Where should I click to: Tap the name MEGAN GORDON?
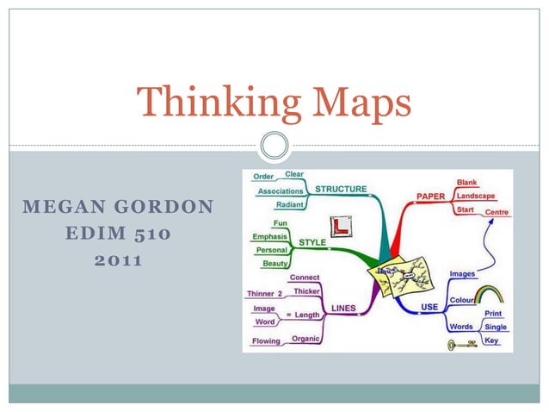(120, 207)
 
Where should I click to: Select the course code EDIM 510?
(120, 234)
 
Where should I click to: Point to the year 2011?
(120, 259)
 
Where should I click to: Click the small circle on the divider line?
(274, 145)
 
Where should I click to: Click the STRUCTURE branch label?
(341, 189)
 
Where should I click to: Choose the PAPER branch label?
(430, 197)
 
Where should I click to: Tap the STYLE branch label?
(312, 242)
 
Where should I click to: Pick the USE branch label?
(429, 307)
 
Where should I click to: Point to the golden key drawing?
(462, 345)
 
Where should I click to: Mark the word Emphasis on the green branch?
(269, 236)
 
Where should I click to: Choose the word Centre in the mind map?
(497, 212)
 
